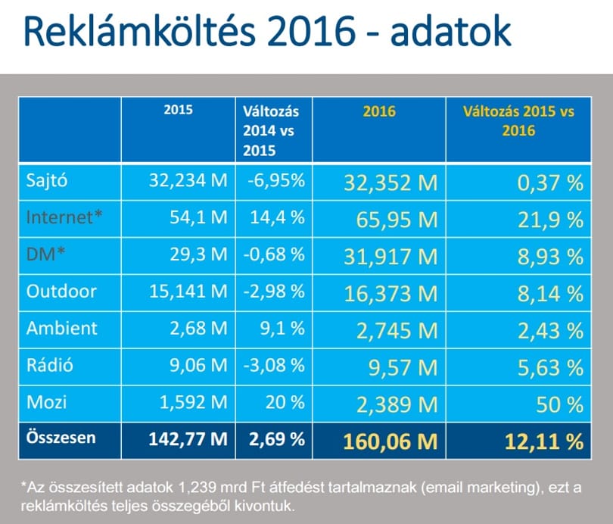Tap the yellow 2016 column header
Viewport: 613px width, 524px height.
379,111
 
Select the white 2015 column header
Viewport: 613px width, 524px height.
179,110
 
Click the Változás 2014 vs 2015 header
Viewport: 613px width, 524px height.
271,130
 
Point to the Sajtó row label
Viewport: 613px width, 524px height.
47,181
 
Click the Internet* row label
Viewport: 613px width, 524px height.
64,217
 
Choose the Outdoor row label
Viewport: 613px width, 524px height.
61,292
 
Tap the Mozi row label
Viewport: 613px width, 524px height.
46,402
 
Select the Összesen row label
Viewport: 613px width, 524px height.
61,437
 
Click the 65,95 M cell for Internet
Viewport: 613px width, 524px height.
397,220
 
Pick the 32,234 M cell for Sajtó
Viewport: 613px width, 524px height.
188,181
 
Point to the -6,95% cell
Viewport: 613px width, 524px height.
276,181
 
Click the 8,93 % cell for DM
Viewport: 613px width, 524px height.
550,257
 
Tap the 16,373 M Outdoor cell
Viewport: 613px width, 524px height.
391,294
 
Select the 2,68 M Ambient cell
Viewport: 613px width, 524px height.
198,328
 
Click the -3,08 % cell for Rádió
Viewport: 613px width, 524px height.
274,365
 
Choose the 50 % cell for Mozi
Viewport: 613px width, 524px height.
559,404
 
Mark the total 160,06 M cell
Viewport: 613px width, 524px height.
391,441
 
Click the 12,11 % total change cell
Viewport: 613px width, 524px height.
544,441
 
